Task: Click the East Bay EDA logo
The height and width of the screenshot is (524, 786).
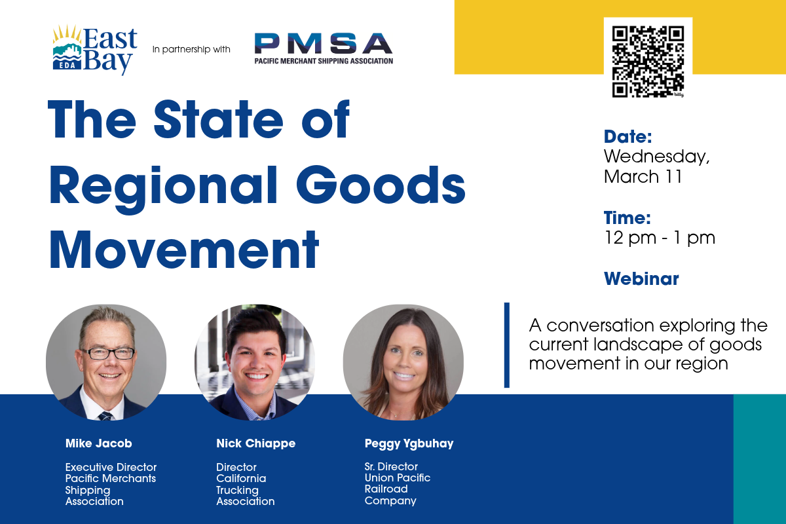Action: [x=95, y=50]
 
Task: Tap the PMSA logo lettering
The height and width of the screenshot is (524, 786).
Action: [x=324, y=44]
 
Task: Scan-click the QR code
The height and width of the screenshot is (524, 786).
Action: [x=647, y=62]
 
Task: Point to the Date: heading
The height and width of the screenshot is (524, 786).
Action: [x=627, y=137]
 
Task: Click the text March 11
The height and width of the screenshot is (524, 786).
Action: [x=643, y=177]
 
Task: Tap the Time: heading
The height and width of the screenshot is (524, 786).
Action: [x=627, y=218]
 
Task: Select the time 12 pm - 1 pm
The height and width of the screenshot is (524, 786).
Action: [x=659, y=238]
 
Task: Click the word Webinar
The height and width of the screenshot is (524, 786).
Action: [x=641, y=279]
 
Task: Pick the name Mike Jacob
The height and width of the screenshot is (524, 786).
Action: [x=99, y=443]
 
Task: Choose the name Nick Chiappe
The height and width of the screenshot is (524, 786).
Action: [x=255, y=443]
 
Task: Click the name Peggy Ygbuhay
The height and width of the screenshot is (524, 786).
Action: [x=409, y=443]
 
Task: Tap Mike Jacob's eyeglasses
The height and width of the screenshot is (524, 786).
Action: [x=110, y=353]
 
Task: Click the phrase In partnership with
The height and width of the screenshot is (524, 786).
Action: [x=191, y=49]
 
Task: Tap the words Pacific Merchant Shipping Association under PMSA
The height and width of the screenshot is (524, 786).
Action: [x=324, y=61]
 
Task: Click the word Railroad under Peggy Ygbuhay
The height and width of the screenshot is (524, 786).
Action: [x=386, y=489]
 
